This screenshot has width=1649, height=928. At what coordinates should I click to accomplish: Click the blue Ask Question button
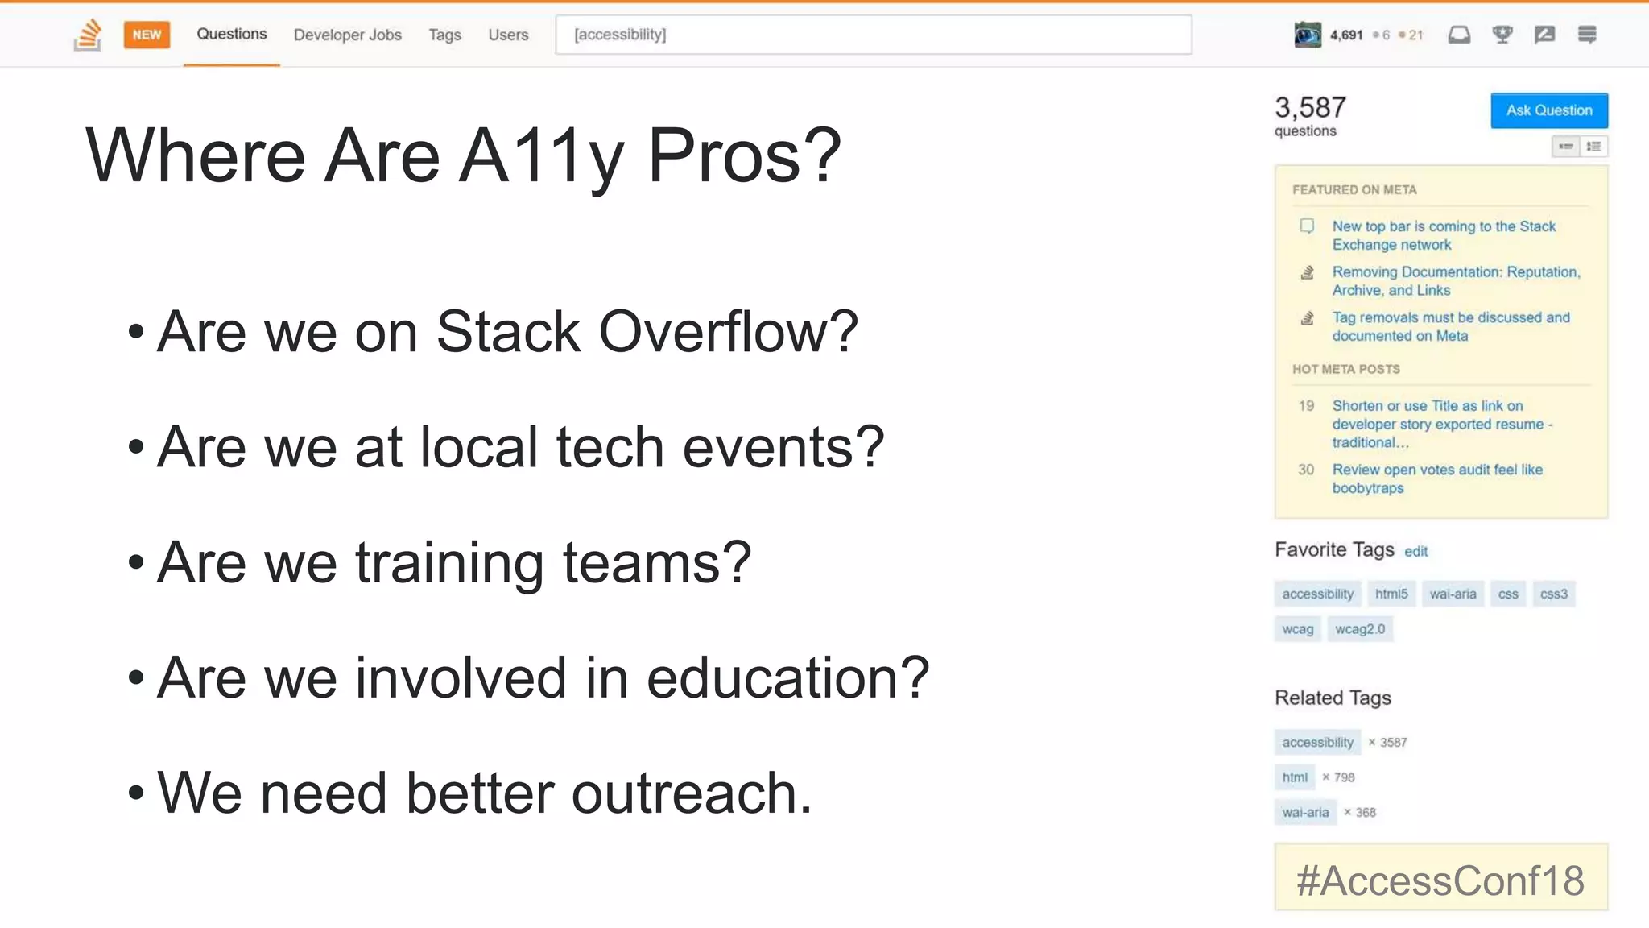(x=1548, y=110)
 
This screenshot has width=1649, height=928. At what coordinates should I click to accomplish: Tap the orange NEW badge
(x=147, y=35)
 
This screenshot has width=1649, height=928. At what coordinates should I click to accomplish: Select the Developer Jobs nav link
(x=347, y=35)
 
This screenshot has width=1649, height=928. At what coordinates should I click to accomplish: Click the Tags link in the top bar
(x=444, y=35)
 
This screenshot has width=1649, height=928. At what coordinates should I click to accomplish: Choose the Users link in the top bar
(x=508, y=35)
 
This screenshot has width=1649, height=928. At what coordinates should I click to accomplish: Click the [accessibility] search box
(x=873, y=35)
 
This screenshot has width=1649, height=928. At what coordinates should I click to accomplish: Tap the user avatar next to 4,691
(x=1308, y=35)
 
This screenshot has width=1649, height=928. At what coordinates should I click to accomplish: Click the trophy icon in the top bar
(x=1502, y=35)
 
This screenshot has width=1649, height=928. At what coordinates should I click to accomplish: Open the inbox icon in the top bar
(x=1459, y=35)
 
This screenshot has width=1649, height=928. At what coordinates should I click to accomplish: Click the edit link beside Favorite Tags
(x=1415, y=552)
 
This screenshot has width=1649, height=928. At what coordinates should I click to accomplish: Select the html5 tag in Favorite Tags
(x=1391, y=594)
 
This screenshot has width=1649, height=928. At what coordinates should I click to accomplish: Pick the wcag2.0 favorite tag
(x=1360, y=629)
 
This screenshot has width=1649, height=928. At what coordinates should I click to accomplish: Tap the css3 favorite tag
(x=1553, y=594)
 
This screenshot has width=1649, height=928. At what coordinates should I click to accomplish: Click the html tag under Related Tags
(x=1295, y=777)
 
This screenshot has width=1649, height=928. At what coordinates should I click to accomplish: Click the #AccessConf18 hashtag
(x=1440, y=880)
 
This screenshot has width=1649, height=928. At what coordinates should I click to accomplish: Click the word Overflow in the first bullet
(x=729, y=332)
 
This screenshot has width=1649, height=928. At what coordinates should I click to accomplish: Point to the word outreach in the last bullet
(x=692, y=794)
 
